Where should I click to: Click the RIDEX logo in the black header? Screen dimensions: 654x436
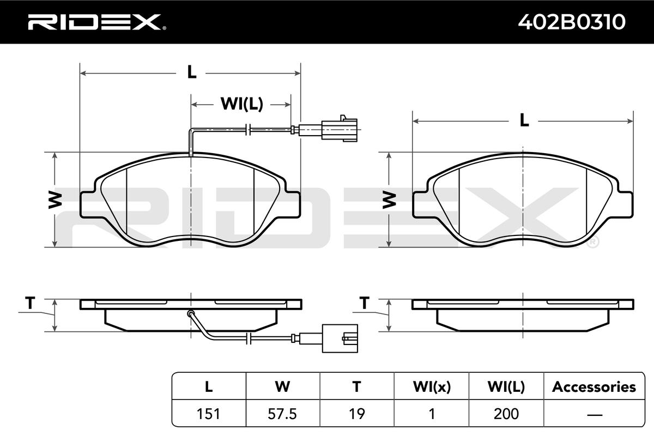(97, 22)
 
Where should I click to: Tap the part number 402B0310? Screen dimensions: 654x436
(572, 22)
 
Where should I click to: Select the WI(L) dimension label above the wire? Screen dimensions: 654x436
(242, 104)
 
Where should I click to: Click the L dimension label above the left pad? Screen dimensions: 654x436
(191, 72)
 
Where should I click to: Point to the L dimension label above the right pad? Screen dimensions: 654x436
(524, 120)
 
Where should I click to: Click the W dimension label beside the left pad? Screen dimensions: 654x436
(55, 200)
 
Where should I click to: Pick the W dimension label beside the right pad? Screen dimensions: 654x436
(389, 200)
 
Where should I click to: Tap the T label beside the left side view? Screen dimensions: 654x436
(30, 303)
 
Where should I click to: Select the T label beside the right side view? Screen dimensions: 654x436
(364, 303)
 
